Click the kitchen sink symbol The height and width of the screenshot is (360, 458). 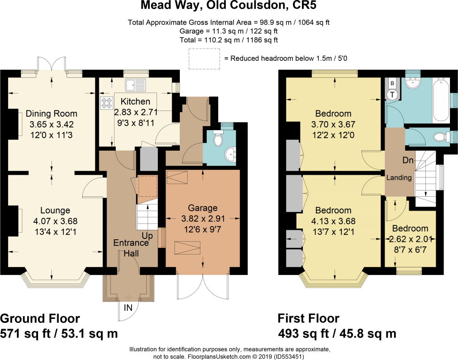(x=136, y=85)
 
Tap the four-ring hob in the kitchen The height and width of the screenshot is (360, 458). (x=106, y=103)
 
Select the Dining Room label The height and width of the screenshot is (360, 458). (x=51, y=114)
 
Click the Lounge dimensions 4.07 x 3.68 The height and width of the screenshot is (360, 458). (x=55, y=221)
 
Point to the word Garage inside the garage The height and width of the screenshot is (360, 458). (x=203, y=208)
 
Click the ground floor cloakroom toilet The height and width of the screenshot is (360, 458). (x=218, y=138)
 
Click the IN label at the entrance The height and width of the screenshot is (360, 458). (x=128, y=308)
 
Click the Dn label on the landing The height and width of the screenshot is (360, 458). (x=408, y=160)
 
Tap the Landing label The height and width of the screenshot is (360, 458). (x=399, y=178)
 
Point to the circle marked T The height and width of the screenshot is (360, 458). (x=392, y=95)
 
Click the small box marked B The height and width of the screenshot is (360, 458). (x=392, y=84)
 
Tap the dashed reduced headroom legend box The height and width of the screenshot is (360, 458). (x=204, y=59)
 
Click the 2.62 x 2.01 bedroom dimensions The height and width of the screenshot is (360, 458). (x=411, y=239)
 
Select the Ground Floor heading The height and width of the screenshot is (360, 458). (x=40, y=318)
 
